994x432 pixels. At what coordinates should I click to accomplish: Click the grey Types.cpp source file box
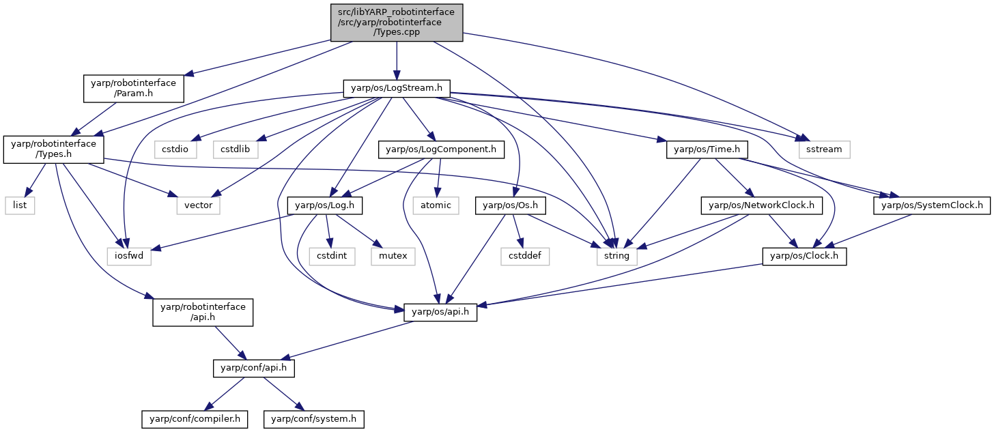[x=397, y=23]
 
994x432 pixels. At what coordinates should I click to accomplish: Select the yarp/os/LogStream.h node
[x=397, y=88]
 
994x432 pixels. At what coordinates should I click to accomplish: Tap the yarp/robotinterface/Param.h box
[x=134, y=88]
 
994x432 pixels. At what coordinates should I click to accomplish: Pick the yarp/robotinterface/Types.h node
[x=54, y=149]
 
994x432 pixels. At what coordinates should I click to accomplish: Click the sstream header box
[x=824, y=149]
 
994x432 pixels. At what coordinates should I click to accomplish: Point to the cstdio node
[x=175, y=149]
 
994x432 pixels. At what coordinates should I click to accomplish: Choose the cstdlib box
[x=235, y=149]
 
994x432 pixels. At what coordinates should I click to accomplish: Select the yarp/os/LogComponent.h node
[x=441, y=149]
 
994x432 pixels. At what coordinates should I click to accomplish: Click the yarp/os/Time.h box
[x=707, y=149]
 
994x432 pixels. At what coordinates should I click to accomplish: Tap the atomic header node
[x=436, y=205]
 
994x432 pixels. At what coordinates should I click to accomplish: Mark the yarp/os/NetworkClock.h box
[x=761, y=205]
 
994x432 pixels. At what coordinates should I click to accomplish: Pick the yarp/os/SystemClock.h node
[x=932, y=205]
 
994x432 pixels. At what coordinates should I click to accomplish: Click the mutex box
[x=393, y=257]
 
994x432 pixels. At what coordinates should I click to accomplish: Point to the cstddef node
[x=525, y=257]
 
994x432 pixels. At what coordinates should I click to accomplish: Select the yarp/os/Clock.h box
[x=804, y=257]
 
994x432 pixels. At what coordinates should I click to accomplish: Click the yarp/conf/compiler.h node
[x=195, y=419]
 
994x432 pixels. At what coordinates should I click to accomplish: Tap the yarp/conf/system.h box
[x=314, y=419]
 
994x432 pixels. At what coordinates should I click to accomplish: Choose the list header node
[x=20, y=205]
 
